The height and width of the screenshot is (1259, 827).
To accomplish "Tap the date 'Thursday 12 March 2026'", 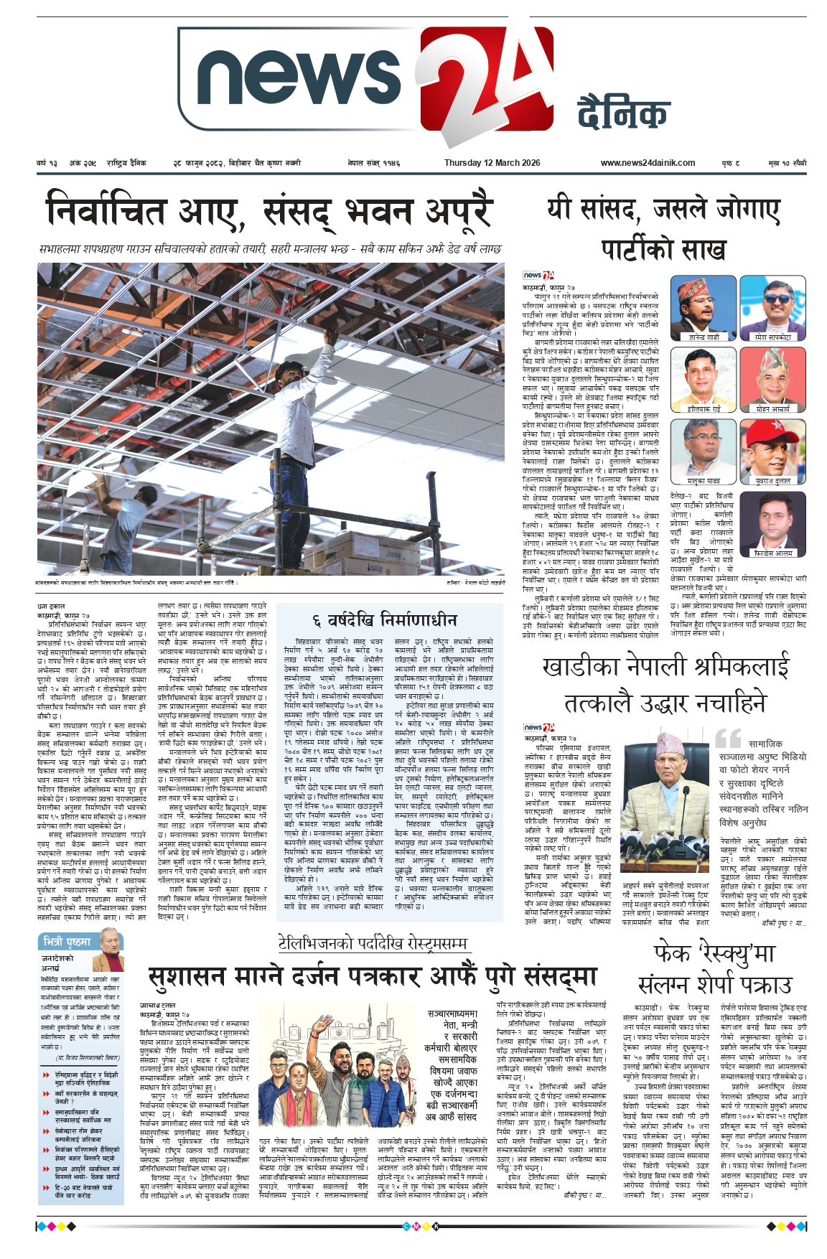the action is (x=492, y=163).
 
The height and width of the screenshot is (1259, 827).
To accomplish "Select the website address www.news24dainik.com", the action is (x=648, y=163).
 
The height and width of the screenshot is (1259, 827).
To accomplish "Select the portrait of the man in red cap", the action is (x=772, y=451).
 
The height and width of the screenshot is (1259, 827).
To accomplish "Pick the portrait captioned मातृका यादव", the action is (x=693, y=451).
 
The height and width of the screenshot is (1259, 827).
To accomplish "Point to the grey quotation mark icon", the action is (x=727, y=737).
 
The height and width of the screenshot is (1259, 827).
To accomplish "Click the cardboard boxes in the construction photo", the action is (x=373, y=553).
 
